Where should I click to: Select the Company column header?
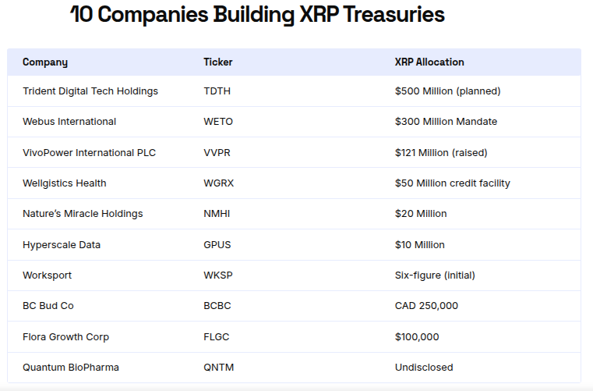(45, 62)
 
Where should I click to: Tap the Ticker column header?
(218, 62)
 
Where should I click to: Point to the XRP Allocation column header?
(429, 62)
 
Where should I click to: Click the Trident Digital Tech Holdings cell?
(90, 91)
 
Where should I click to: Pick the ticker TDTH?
(217, 91)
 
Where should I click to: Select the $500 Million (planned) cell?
(447, 91)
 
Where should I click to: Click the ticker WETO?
(218, 122)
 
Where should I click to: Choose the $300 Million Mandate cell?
(446, 122)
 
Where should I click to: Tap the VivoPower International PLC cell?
(90, 153)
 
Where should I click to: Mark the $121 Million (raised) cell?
(441, 153)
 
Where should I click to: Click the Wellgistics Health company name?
(65, 183)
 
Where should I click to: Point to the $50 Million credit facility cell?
(453, 183)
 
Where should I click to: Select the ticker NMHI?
(217, 214)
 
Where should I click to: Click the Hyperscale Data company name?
(62, 245)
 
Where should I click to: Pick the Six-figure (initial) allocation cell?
(435, 275)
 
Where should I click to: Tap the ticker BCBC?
(217, 306)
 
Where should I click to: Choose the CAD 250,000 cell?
(426, 306)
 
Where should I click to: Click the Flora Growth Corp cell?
(66, 337)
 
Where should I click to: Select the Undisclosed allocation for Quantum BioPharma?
(424, 368)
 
